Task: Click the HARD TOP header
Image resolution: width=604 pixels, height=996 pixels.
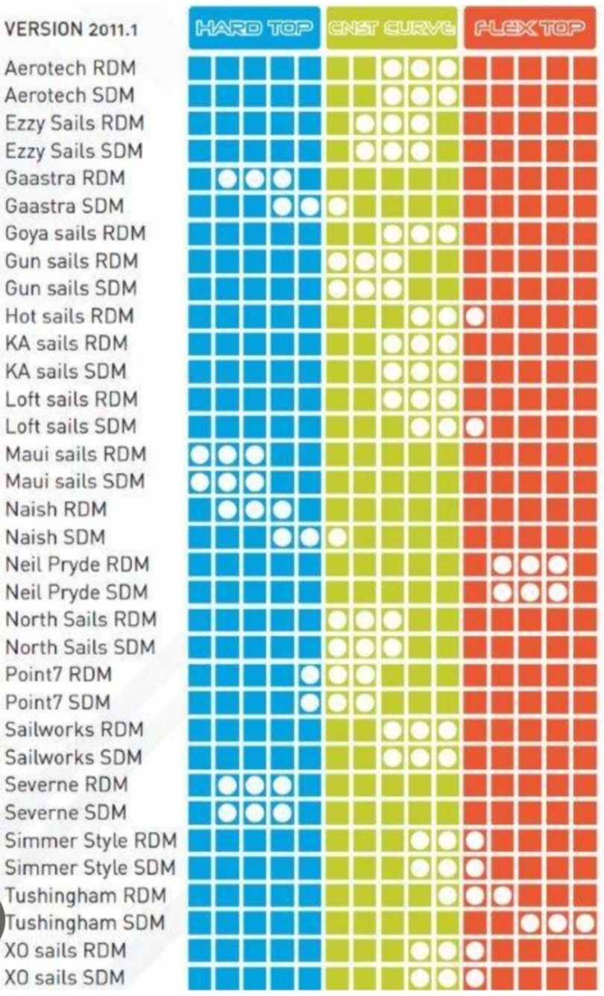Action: [254, 28]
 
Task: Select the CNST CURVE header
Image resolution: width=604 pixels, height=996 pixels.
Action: [391, 28]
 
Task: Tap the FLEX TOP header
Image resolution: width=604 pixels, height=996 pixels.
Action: [529, 28]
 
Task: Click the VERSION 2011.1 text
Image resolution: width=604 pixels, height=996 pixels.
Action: [71, 30]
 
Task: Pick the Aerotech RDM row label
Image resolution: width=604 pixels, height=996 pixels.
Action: [70, 68]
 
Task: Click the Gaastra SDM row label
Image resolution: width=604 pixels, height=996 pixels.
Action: [64, 206]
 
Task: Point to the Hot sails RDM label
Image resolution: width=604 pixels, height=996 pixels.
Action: [69, 316]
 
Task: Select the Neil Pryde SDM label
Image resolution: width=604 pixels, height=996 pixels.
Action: [77, 592]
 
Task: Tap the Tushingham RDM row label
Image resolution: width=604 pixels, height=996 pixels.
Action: [85, 895]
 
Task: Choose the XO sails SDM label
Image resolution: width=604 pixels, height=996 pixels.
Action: [65, 978]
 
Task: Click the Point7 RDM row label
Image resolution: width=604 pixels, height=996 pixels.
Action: [58, 674]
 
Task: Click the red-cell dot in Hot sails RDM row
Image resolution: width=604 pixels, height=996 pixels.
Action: [475, 316]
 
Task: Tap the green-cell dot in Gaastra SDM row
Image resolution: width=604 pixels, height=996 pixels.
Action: [337, 207]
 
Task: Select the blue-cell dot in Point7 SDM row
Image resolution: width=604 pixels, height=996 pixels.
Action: [309, 703]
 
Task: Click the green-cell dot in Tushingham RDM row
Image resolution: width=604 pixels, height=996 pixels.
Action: [447, 895]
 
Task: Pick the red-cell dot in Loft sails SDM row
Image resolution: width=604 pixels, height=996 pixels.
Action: [475, 427]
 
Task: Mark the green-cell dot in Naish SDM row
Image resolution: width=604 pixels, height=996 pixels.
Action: [337, 537]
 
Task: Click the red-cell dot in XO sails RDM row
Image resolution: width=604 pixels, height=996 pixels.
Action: [475, 950]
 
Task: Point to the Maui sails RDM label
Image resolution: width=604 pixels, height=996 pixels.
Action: [75, 454]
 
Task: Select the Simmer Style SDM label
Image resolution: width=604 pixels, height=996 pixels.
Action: [90, 868]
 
